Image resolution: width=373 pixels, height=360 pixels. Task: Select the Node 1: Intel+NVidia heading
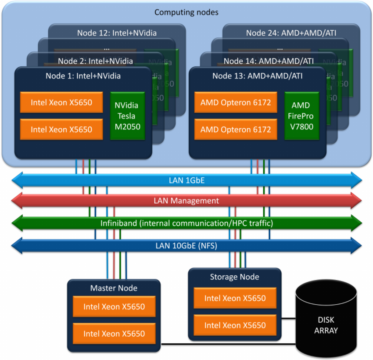83,76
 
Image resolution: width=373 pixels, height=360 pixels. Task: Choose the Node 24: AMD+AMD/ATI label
291,32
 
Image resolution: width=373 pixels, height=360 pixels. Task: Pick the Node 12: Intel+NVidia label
117,32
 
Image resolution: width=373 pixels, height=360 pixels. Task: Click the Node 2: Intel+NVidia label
95,61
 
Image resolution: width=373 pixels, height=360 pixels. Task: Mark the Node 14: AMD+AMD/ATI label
269,61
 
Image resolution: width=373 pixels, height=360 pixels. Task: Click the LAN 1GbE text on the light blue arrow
186,180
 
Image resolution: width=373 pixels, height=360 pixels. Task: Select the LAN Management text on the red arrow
186,201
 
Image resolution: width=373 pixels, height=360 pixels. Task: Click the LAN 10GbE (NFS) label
186,245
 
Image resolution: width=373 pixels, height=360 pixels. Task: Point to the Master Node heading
114,288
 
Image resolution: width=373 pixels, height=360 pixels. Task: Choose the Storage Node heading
234,277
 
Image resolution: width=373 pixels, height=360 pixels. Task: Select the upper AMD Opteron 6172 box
236,102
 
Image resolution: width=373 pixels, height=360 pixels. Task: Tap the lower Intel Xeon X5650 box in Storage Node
235,325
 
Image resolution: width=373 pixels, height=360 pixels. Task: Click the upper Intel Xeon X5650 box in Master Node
114,306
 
